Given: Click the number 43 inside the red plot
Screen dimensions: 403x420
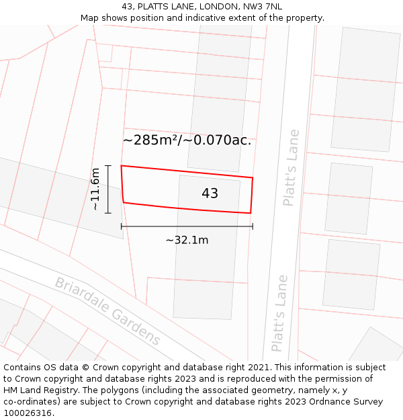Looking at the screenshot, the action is [210, 194].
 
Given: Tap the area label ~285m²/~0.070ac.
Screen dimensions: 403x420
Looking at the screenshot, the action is [187, 140].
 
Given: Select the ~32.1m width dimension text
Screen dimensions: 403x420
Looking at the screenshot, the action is [187, 240].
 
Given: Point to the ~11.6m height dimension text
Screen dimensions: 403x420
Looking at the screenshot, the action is [95, 189].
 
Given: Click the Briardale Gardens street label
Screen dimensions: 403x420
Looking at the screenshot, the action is [107, 311].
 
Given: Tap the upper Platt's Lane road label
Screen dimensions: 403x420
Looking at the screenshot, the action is [291, 167].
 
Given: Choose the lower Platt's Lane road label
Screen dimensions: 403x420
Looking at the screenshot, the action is [279, 313].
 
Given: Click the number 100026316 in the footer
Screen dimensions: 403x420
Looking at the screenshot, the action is [28, 413].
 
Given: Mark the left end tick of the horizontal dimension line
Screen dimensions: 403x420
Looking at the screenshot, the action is [122, 226].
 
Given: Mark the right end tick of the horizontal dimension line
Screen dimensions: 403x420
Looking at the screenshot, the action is [253, 226].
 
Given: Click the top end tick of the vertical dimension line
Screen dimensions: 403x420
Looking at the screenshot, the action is [107, 165].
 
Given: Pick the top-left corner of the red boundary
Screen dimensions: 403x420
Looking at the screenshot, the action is [121, 165].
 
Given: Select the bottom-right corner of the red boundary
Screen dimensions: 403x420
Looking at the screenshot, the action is [251, 213].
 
